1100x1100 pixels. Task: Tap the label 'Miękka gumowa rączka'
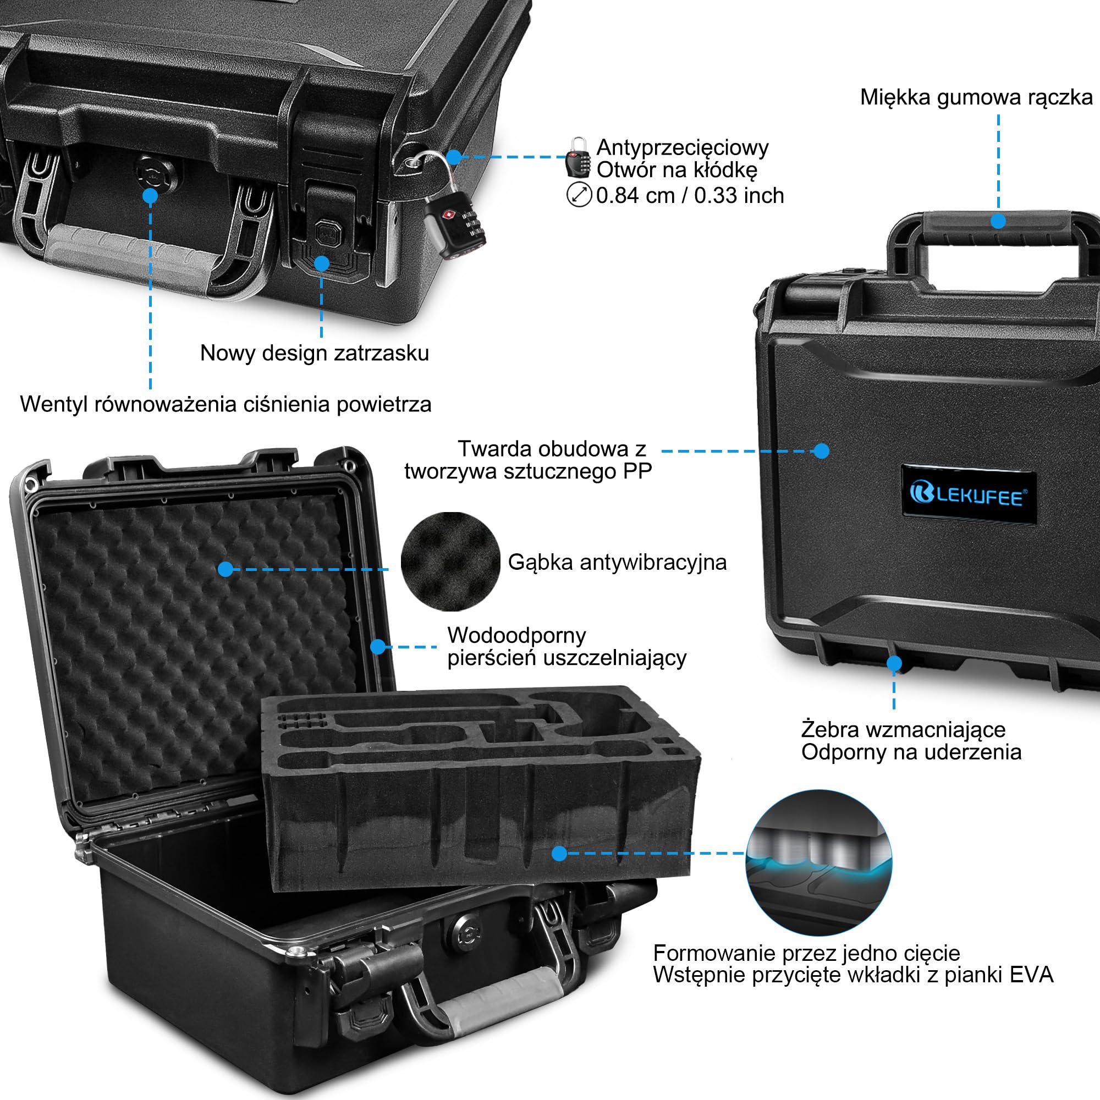(x=976, y=97)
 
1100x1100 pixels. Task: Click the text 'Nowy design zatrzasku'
(x=314, y=353)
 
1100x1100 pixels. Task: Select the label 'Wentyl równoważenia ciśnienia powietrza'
(x=226, y=404)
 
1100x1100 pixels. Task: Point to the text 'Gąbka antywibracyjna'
(x=617, y=563)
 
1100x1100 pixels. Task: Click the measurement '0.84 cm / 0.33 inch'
(x=690, y=195)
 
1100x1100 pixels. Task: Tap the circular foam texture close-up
(x=450, y=562)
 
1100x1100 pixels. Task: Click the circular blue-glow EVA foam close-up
(x=819, y=862)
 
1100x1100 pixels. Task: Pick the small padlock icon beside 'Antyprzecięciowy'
(x=579, y=157)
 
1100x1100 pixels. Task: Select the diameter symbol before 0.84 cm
(x=579, y=195)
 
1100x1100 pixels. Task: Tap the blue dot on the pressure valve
(x=150, y=196)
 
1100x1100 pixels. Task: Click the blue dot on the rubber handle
(x=998, y=221)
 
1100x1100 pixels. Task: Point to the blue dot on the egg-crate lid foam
(x=226, y=569)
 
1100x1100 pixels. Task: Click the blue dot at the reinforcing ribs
(x=894, y=663)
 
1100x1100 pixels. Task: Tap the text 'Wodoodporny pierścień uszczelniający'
(x=567, y=646)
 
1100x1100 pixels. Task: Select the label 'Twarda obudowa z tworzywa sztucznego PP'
(x=529, y=460)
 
